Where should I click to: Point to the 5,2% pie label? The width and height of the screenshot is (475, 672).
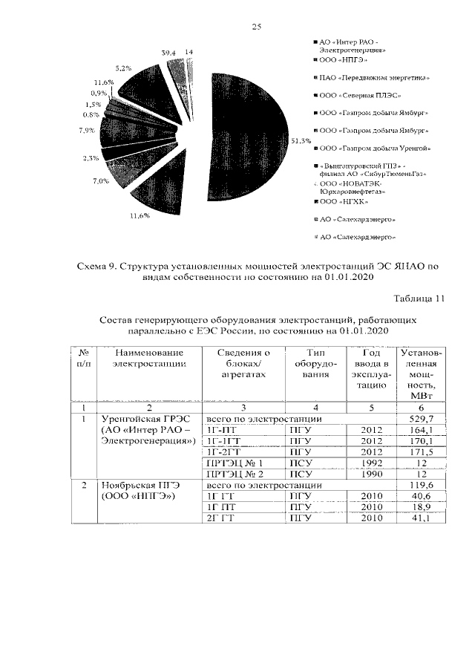(x=124, y=68)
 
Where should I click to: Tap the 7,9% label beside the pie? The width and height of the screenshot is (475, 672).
(x=86, y=131)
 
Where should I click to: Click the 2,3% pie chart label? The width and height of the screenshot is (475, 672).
(x=91, y=158)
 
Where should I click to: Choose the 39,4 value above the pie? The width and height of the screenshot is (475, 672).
(x=168, y=53)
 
